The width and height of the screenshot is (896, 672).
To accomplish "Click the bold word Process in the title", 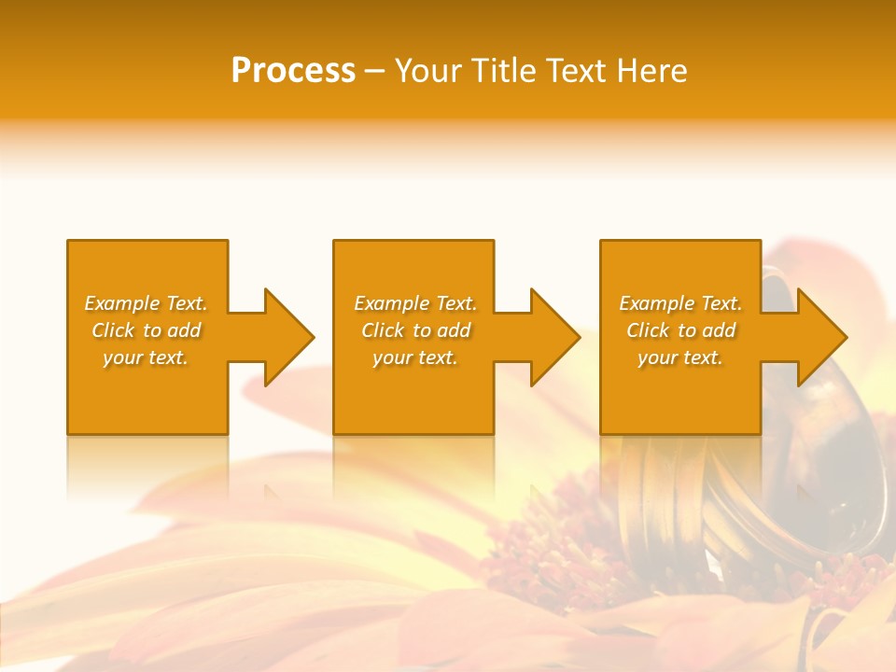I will click(293, 71).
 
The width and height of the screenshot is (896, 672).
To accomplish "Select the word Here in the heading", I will click(652, 71).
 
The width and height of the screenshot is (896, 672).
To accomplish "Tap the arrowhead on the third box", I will click(820, 337).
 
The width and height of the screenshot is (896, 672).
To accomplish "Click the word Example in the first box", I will click(122, 303).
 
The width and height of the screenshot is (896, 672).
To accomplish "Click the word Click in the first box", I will click(113, 330).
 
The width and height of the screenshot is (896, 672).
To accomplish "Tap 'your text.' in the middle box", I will click(414, 357).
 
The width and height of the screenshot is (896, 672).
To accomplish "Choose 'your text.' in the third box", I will click(679, 357).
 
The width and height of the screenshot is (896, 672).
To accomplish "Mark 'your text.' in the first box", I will click(146, 357).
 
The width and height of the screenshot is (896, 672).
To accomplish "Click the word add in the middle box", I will click(454, 330).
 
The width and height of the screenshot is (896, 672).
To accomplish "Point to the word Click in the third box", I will click(648, 330).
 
